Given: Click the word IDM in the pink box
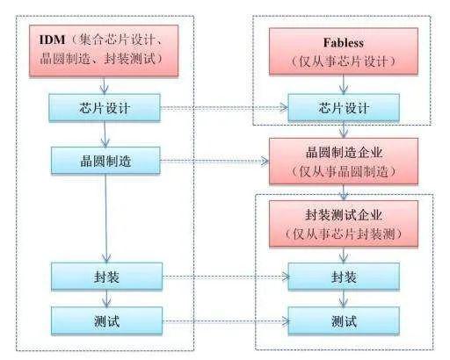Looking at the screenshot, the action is pos(52,40).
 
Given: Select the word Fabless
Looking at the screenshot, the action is pos(344,43).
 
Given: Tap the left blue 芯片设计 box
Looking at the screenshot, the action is pos(105,107).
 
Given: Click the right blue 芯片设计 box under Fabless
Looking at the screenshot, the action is pos(344,108).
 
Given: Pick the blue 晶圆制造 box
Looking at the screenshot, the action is pos(105,161).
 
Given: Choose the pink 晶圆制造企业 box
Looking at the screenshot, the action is pos(344,162).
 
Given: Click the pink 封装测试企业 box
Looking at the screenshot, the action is pos(344,223).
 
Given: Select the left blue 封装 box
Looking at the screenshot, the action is pos(106,277).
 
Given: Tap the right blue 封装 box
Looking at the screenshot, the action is pos(344,277).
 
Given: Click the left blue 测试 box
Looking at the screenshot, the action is pos(106,320).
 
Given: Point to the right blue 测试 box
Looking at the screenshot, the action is pos(344,320).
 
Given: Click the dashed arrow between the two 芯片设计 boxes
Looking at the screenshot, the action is pos(224,108).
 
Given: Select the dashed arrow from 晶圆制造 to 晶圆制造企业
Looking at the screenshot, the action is pos(214,161).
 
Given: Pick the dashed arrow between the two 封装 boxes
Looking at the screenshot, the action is pos(226,277).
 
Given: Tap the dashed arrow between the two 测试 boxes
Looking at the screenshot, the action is pos(226,321).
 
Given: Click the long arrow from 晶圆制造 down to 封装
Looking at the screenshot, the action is pos(106,219).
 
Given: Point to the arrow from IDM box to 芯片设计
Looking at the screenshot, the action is pos(105,85).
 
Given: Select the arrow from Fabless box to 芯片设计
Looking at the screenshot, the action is pos(344,84).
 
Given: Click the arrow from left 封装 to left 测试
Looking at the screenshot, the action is pos(106,299).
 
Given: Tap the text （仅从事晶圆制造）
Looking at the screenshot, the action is pos(344,172).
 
